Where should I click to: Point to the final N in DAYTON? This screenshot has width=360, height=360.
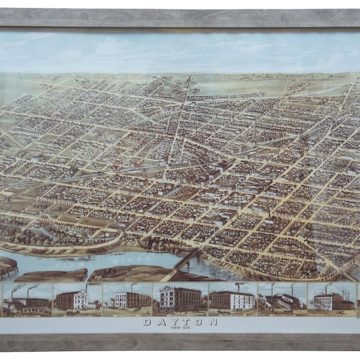coord(213,322)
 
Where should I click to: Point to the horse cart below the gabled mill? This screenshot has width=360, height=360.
coord(71,311)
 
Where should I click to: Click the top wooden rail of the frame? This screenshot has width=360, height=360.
coord(180,17)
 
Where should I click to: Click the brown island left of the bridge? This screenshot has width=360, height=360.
coord(126,274)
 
